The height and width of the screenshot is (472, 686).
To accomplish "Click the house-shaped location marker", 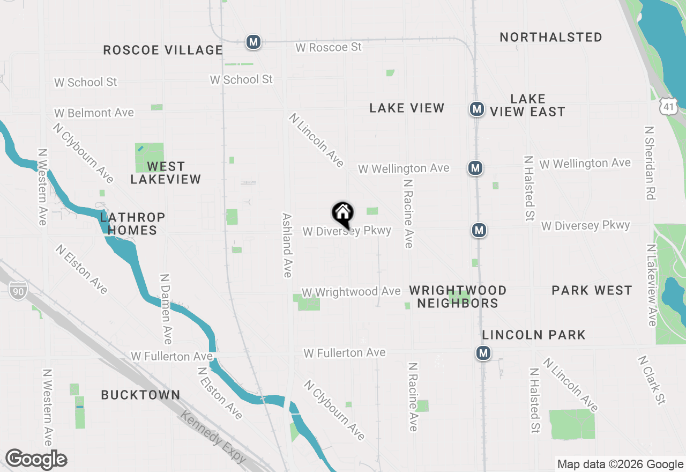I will [342, 214].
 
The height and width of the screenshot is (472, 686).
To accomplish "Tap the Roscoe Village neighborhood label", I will [163, 50].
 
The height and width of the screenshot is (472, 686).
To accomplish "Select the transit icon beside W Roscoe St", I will [253, 42].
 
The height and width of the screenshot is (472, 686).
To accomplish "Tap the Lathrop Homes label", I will [132, 224].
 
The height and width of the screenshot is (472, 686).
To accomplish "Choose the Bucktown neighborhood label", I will [140, 395].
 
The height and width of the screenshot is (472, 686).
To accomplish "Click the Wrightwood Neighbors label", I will [458, 297].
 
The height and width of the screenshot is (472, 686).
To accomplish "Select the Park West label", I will [592, 291].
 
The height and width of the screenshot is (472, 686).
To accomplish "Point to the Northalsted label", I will [551, 37].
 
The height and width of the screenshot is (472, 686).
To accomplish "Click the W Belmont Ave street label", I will [94, 113].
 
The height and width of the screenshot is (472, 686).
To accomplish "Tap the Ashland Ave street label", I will [287, 245].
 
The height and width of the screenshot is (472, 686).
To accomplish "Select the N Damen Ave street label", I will [166, 309].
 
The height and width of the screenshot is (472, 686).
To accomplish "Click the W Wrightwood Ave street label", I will [351, 292].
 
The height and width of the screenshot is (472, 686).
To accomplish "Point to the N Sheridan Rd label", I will [650, 163].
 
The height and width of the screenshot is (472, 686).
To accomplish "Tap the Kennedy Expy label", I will [213, 437].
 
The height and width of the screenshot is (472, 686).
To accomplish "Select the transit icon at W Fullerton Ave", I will [483, 353].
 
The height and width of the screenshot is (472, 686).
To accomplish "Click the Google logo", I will [36, 460].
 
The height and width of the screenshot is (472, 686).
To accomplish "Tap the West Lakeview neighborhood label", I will [166, 173].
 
